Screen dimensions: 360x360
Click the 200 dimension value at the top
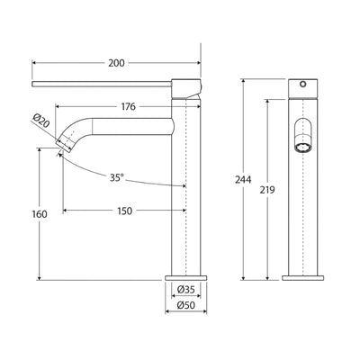click(x=116, y=63)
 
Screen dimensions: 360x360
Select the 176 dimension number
click(x=128, y=107)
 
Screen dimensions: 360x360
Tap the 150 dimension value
click(x=124, y=211)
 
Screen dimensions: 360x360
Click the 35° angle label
click(x=118, y=178)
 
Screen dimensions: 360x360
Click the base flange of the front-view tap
click(x=304, y=274)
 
